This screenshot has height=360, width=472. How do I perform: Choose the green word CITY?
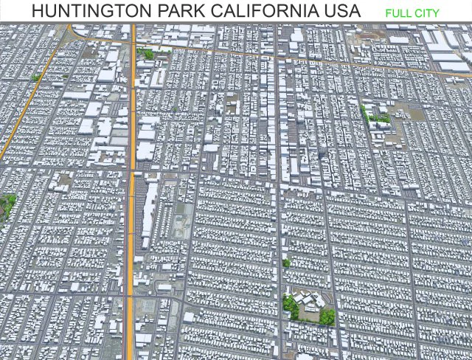tap(427, 13)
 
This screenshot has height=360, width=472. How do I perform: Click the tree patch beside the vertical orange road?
tap(147, 53)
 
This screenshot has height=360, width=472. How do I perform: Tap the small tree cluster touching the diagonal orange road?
tap(35, 77)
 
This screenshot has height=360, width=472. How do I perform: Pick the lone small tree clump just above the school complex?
tap(286, 263)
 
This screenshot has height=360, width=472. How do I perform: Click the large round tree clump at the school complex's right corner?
tap(327, 316)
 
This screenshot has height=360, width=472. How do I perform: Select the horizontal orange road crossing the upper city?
tap(295, 58)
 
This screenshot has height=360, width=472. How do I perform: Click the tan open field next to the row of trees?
tap(402, 111)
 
